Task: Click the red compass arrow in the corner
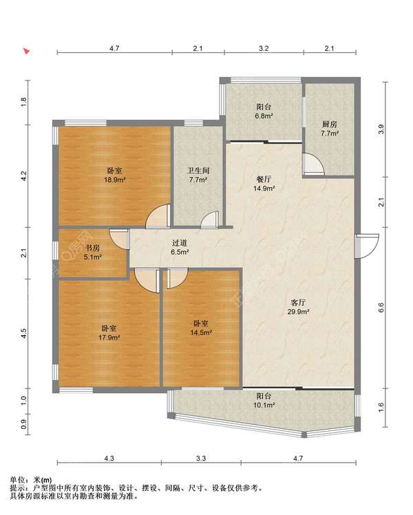(x=27, y=51)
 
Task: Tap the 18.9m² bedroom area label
(x=115, y=180)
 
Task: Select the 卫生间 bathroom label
(x=198, y=171)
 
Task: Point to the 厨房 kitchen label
(x=329, y=125)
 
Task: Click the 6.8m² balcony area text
(x=264, y=116)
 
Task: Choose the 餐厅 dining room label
(x=264, y=179)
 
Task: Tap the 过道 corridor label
(x=180, y=243)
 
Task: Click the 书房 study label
(x=92, y=248)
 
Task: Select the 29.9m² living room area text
(x=299, y=312)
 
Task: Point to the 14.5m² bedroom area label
(x=201, y=333)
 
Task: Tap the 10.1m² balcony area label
(x=264, y=406)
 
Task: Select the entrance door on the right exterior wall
(x=367, y=246)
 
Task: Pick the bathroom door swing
(x=209, y=220)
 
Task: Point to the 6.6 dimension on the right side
(x=381, y=308)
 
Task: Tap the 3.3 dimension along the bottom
(x=201, y=458)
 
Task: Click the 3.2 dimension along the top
(x=264, y=48)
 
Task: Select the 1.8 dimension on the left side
(x=23, y=102)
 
